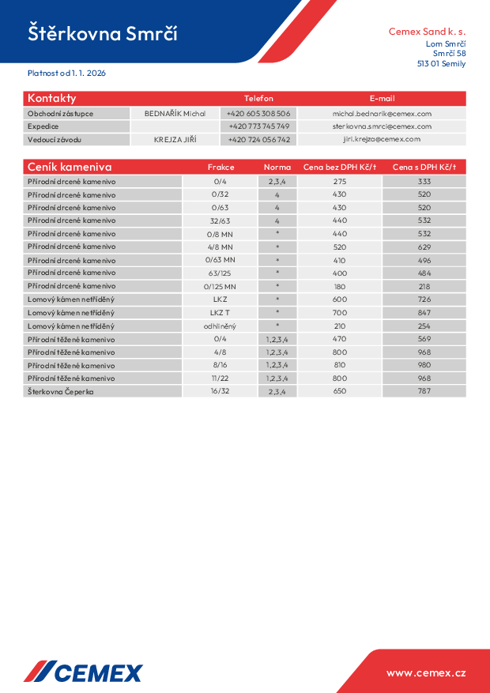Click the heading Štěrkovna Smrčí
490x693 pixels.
point(103,33)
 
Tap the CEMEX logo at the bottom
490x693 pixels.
point(83,672)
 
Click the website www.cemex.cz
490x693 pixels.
point(426,672)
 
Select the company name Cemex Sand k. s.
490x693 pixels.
point(427,32)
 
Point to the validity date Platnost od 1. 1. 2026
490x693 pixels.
point(66,73)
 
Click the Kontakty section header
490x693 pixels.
point(52,98)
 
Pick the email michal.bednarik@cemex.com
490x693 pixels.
point(382,114)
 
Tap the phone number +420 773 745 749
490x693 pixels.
point(258,126)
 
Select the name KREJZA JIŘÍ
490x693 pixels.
point(175,139)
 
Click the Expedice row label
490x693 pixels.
point(43,126)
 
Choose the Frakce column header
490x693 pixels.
point(220,167)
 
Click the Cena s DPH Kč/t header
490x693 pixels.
point(424,167)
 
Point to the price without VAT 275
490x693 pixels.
point(340,181)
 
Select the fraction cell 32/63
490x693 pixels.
point(220,220)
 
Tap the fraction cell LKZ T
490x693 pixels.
point(220,313)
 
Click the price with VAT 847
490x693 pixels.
point(424,313)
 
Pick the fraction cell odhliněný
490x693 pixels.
point(220,326)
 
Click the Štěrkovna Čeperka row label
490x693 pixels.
point(61,391)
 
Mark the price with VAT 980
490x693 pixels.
point(424,365)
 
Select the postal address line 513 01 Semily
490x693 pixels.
point(441,64)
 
